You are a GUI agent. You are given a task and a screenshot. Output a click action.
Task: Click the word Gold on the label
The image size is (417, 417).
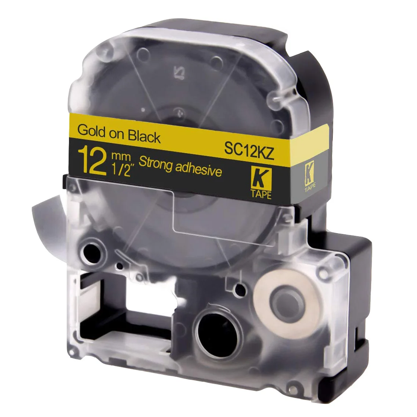(x=91, y=130)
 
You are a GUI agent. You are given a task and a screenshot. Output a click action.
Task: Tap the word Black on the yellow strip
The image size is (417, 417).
(x=144, y=136)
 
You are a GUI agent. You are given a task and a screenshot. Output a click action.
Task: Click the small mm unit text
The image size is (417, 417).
(x=121, y=157)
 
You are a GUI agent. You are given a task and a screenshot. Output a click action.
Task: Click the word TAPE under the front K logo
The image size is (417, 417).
(x=261, y=195)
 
